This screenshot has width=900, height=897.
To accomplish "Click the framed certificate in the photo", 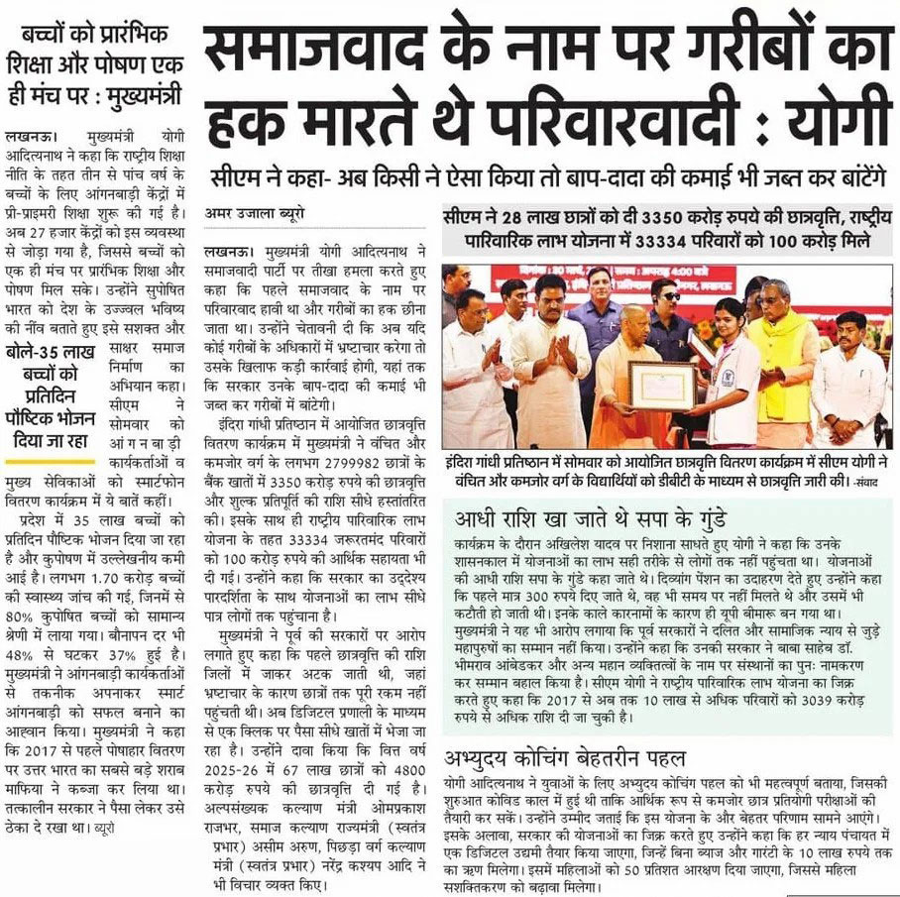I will (x=634, y=386).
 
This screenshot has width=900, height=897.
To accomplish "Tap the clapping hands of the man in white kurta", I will (x=556, y=343).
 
